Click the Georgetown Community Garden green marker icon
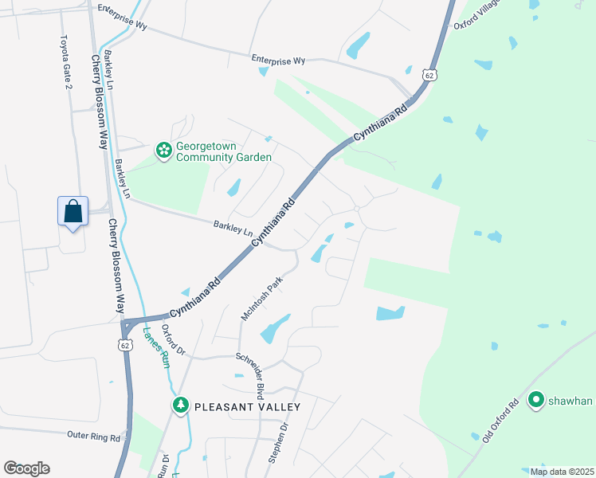point(164,151)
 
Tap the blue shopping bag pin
point(73,212)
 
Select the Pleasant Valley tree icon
point(182,406)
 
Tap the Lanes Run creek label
point(156,347)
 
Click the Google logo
point(26,468)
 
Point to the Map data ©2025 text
point(562,472)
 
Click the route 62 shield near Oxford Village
point(429,74)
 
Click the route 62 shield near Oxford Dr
point(125,345)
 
